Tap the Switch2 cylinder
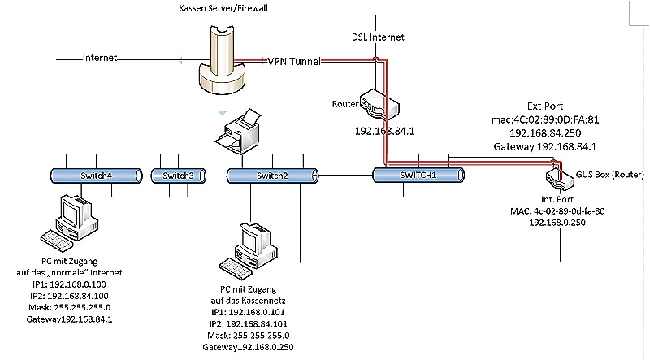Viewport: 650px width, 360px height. pos(271,176)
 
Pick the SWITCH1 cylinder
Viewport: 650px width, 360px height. pos(418,175)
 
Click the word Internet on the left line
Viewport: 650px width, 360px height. pos(100,58)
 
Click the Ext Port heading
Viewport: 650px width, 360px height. pos(545,106)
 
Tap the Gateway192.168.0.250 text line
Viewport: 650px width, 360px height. pos(249,348)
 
